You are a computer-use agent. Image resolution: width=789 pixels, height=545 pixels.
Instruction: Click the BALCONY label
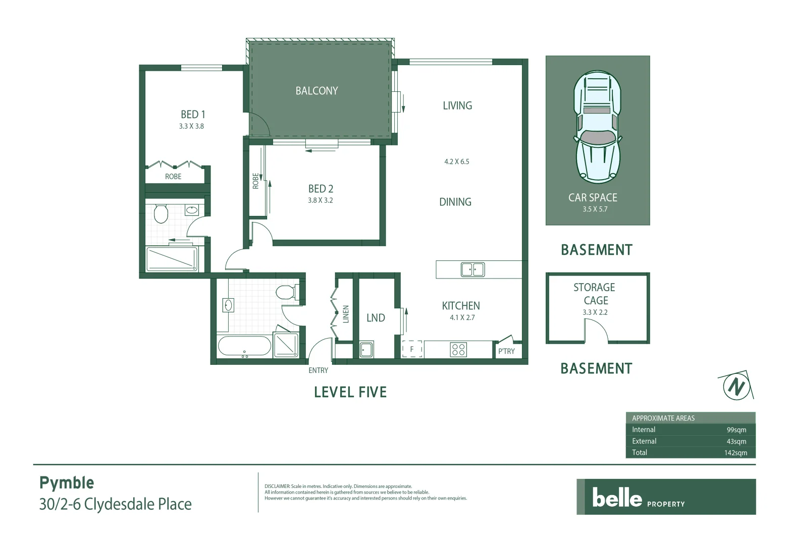[x=317, y=91]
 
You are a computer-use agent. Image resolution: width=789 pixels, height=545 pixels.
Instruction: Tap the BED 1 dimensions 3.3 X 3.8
[x=191, y=126]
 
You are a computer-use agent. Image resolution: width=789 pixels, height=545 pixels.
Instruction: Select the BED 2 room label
[x=321, y=189]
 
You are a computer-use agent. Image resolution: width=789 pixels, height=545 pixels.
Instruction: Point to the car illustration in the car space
[x=597, y=126]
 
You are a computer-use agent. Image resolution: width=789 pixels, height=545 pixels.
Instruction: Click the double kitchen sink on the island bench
[x=472, y=269]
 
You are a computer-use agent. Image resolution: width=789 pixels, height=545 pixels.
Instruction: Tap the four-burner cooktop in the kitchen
[x=458, y=349]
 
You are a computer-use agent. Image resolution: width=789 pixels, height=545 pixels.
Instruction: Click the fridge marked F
[x=412, y=349]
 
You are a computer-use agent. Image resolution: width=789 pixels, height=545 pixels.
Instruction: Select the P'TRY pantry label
[x=506, y=351]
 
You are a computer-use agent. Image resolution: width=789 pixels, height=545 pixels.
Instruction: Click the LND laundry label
[x=376, y=318]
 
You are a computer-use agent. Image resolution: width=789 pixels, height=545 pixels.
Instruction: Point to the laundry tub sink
[x=366, y=349]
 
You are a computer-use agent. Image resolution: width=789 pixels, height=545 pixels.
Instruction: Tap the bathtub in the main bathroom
[x=244, y=347]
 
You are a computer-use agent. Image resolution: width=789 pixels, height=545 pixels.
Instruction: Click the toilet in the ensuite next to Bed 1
[x=161, y=213]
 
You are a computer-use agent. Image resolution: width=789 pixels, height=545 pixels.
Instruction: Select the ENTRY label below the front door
[x=318, y=370]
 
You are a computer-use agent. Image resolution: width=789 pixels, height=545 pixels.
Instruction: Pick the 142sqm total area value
[x=735, y=453]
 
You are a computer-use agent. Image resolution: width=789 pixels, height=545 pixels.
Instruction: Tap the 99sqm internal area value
[x=736, y=430]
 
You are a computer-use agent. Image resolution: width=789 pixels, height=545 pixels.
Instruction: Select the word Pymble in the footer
[x=67, y=483]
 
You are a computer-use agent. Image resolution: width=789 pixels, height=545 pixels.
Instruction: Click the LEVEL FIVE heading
[x=350, y=392]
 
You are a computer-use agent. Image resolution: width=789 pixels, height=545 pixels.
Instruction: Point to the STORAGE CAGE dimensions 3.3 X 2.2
[x=595, y=312]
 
